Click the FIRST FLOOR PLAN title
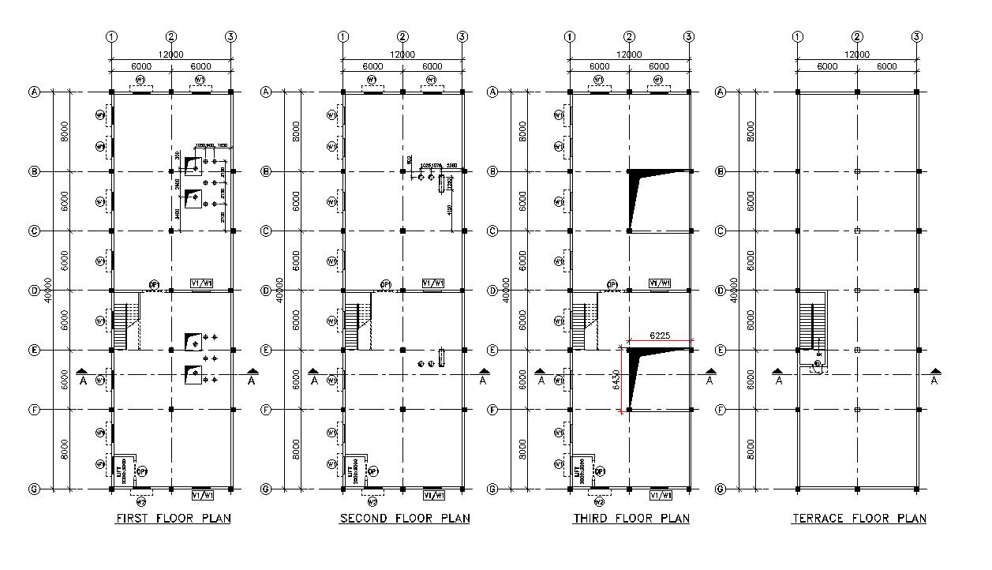pyautogui.click(x=173, y=519)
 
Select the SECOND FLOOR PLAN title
pyautogui.click(x=404, y=519)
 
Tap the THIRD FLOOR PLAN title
pyautogui.click(x=631, y=519)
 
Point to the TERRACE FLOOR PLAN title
pyautogui.click(x=859, y=519)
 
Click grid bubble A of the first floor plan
pyautogui.click(x=34, y=92)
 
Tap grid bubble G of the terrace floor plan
pyautogui.click(x=720, y=489)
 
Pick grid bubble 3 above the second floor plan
pyautogui.click(x=462, y=36)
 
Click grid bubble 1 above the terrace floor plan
pyautogui.click(x=797, y=36)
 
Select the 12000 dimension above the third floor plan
pyautogui.click(x=628, y=54)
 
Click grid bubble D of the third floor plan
pyautogui.click(x=492, y=291)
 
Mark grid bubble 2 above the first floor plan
pyautogui.click(x=172, y=36)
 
